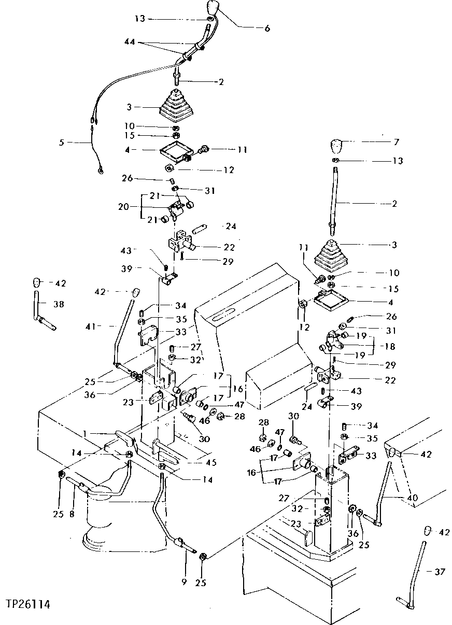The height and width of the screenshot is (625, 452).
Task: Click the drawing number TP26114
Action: [x=28, y=604]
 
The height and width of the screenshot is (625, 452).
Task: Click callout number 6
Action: [x=267, y=29]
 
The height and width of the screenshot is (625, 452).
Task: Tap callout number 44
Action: [x=129, y=41]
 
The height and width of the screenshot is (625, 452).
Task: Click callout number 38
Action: [x=59, y=305]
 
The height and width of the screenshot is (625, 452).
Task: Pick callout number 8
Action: [x=72, y=515]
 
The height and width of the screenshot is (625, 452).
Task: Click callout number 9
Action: [x=183, y=583]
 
